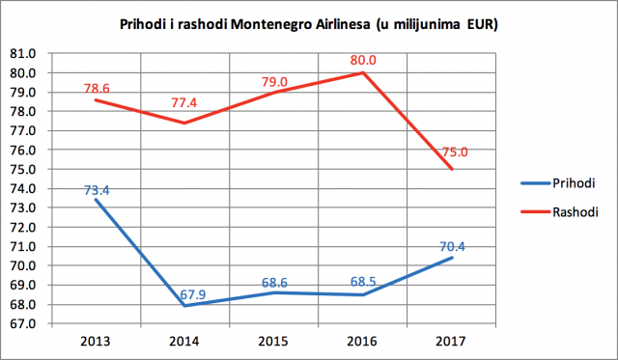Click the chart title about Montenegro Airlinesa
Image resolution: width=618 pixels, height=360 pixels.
click(309, 24)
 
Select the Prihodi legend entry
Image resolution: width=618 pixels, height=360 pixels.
click(558, 183)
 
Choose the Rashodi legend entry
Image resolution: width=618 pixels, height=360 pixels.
click(559, 212)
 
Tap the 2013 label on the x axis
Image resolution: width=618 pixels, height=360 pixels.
click(96, 341)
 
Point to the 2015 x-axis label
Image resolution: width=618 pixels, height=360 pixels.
click(273, 341)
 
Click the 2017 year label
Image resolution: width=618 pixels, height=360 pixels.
click(451, 341)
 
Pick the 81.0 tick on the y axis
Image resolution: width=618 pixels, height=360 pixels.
click(22, 54)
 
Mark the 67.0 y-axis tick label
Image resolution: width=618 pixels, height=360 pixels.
click(22, 323)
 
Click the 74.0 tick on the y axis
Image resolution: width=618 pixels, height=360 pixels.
click(22, 188)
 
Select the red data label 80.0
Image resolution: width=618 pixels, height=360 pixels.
click(363, 60)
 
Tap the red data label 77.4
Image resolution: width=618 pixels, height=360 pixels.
click(183, 103)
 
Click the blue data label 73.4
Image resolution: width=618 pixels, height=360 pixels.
click(97, 191)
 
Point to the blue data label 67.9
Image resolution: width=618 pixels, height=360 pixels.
click(193, 294)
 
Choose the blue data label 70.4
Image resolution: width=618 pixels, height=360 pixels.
click(452, 246)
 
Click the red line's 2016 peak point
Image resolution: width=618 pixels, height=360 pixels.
click(363, 72)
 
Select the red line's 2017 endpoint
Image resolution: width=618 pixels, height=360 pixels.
click(452, 169)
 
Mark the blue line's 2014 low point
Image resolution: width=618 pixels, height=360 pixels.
click(184, 306)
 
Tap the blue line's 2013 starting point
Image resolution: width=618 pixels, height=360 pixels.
click(96, 200)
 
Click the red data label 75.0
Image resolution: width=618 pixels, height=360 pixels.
click(455, 152)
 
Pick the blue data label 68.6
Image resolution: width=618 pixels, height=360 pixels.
click(274, 283)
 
